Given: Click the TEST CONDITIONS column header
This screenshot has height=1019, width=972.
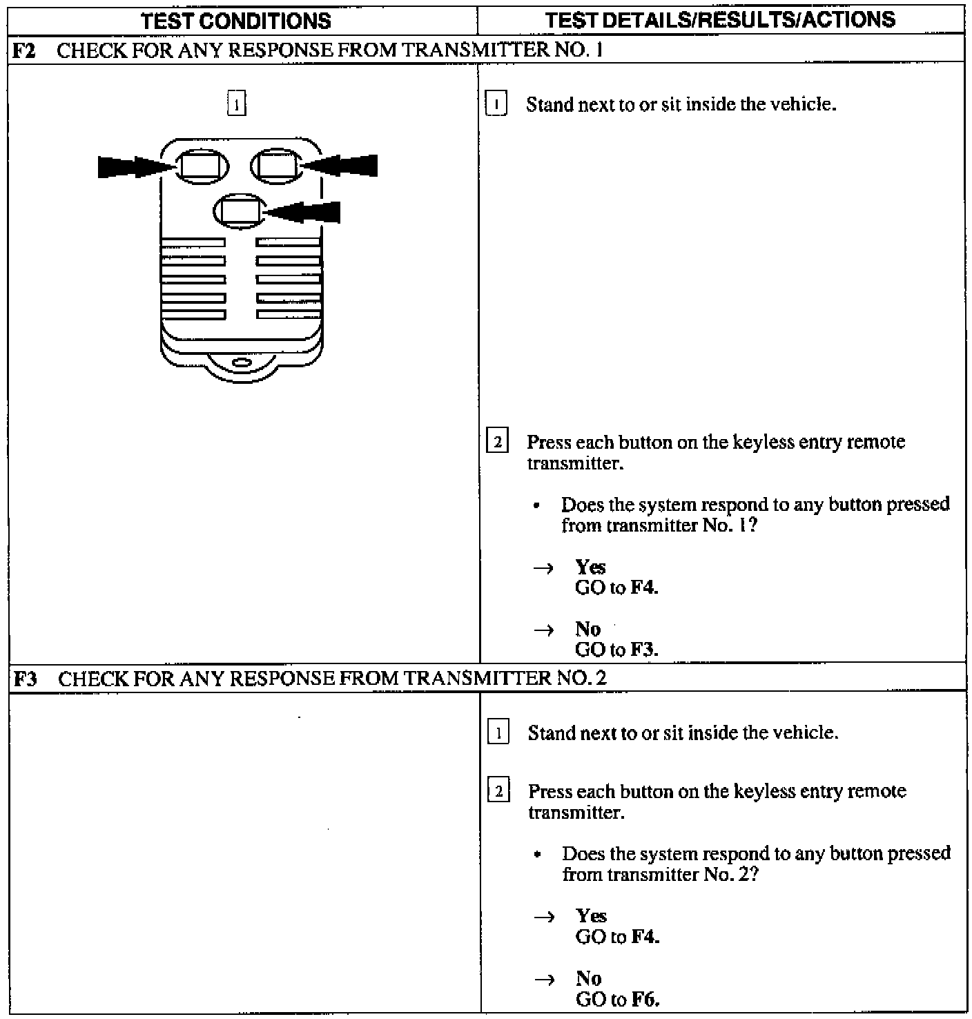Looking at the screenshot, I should [x=236, y=21].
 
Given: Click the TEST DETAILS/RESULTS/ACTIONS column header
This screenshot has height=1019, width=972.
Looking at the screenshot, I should [x=720, y=19].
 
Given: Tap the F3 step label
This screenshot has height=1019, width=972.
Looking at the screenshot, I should [x=25, y=679].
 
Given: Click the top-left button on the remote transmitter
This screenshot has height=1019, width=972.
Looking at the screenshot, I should [x=203, y=165].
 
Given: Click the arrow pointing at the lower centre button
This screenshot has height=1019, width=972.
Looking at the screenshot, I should [x=304, y=212].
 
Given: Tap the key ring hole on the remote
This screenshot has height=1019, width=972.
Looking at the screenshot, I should [x=242, y=362].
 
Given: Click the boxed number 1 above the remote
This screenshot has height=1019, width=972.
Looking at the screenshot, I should [x=236, y=105].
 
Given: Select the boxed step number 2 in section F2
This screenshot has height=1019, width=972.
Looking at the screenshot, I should [x=497, y=441].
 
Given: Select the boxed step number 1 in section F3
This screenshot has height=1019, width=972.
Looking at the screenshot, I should [x=498, y=732].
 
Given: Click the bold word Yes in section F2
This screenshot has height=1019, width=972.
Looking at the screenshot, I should [x=590, y=567].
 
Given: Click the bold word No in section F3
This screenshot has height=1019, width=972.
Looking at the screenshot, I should [x=589, y=978].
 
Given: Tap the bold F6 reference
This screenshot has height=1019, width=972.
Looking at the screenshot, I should [x=645, y=999].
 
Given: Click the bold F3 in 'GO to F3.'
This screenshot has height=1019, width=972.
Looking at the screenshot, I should [x=644, y=650].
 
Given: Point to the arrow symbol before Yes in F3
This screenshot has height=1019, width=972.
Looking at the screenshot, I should [x=544, y=917].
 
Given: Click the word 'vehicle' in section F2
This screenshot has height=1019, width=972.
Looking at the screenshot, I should [x=808, y=104].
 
